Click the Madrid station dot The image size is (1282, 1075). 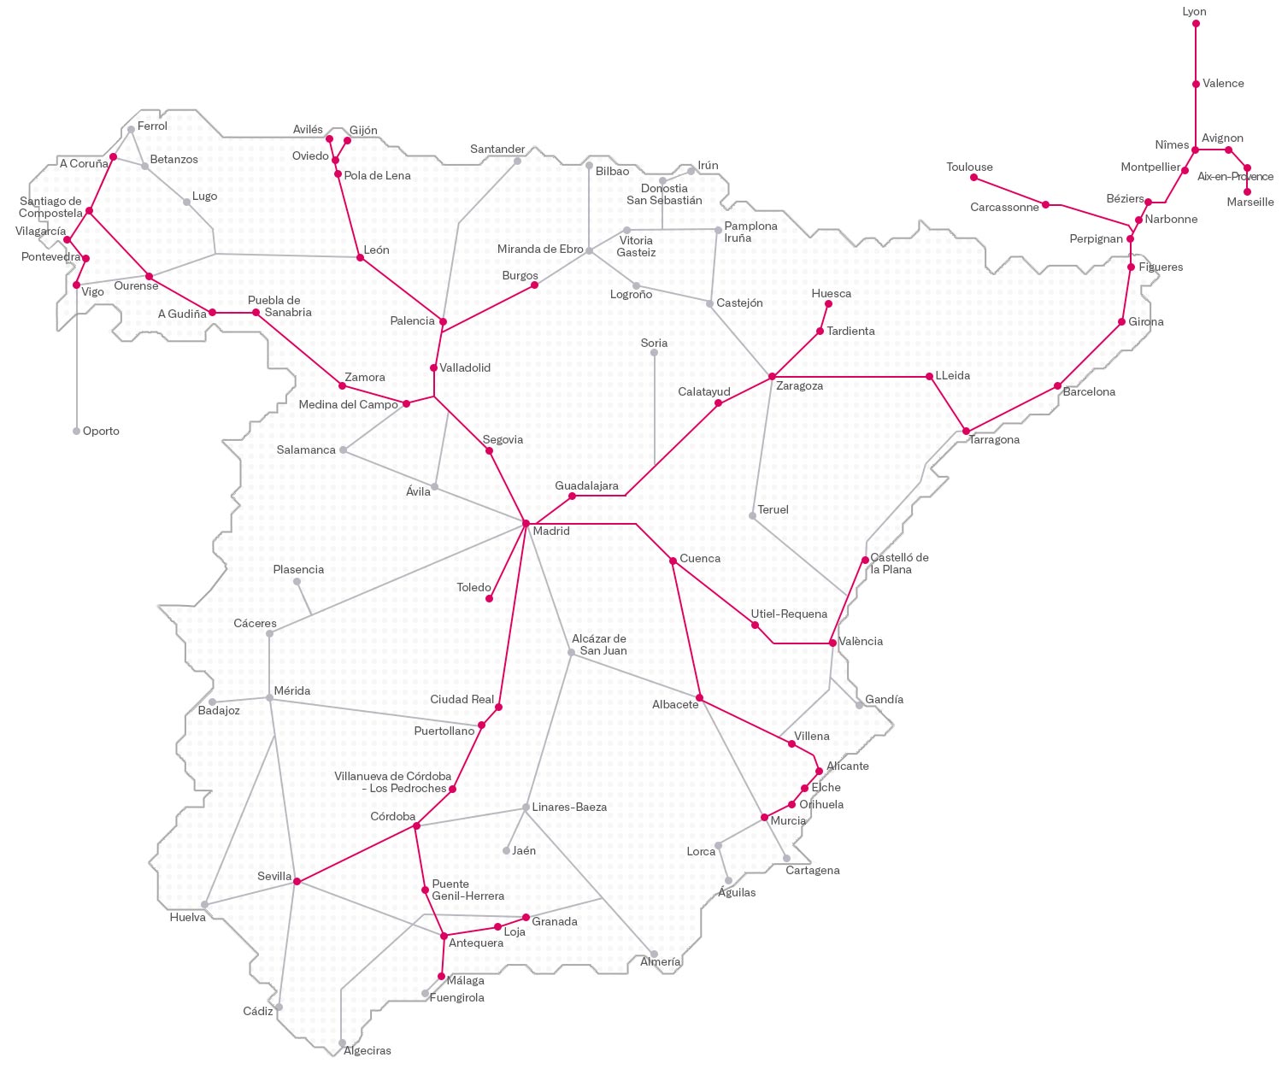point(526,523)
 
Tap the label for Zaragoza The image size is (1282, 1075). point(799,386)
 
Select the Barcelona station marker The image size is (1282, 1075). point(1058,386)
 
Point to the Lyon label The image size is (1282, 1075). point(1194,12)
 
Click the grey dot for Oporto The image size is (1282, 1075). point(76,432)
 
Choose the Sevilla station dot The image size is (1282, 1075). point(297,881)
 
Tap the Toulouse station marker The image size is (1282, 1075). point(973,178)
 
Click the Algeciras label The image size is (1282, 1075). point(368,1051)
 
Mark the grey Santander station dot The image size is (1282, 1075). point(518,161)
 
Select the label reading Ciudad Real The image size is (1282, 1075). point(462,700)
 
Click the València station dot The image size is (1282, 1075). point(832,643)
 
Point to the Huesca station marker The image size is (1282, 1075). point(828,303)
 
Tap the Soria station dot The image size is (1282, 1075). point(654,353)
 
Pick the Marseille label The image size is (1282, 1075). point(1250,203)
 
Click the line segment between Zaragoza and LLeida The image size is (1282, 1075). point(850,376)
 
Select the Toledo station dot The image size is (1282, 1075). point(489,598)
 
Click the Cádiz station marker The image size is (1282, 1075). point(279,1007)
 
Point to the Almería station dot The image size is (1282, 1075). point(654,955)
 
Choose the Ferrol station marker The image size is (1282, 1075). point(131,130)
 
